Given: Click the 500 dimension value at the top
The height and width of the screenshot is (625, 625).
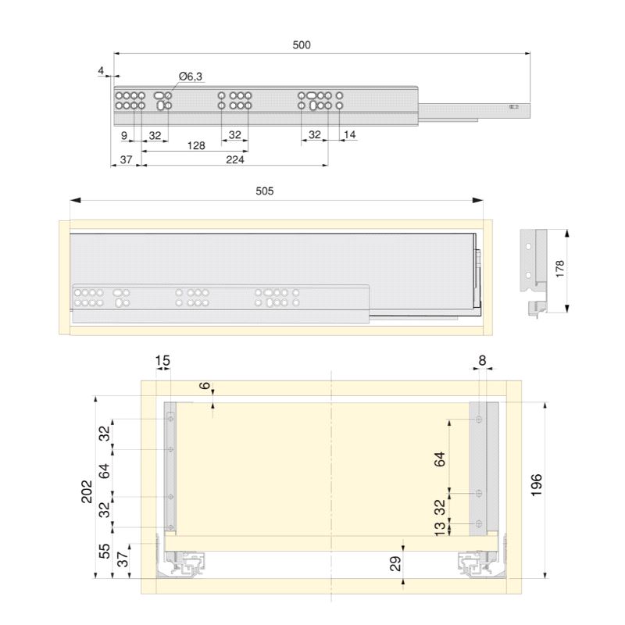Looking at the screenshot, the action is [x=302, y=45].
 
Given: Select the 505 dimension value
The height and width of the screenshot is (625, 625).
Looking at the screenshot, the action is [x=265, y=191].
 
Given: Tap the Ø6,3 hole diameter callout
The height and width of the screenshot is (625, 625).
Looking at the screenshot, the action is [x=191, y=76].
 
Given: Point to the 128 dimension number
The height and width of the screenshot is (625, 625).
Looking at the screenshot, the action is [x=196, y=146].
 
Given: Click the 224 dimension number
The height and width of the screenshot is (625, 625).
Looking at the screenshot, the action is [x=235, y=160].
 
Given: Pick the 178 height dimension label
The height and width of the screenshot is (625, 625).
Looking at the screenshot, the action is [x=560, y=269].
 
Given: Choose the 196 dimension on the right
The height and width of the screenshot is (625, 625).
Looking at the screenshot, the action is [x=537, y=484].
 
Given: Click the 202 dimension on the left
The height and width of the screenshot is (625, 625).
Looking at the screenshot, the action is [x=87, y=491].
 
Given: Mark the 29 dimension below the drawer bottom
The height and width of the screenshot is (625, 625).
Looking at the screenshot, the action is [x=395, y=564].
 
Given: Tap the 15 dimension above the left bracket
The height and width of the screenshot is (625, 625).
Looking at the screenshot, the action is [x=162, y=361].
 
